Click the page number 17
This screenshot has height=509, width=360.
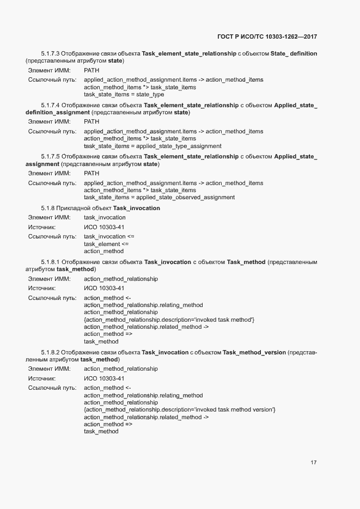[313, 463]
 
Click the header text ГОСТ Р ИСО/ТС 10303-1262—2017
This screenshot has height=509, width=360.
[267, 36]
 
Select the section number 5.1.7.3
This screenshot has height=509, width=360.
[50, 53]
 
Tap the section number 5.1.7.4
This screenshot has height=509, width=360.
[50, 105]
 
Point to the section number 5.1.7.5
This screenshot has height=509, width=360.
[50, 157]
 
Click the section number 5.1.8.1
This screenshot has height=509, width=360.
[50, 262]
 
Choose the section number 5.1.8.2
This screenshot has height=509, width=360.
[50, 352]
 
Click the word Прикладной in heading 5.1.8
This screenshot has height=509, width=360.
[79, 208]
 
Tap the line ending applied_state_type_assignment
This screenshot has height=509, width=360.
[152, 146]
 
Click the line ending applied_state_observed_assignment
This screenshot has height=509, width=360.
[159, 198]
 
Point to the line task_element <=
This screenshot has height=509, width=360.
[106, 244]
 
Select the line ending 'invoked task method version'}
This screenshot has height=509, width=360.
[179, 409]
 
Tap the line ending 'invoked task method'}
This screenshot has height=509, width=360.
[169, 320]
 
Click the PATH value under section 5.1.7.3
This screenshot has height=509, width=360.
[91, 71]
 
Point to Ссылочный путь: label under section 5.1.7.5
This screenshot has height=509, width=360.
[52, 183]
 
